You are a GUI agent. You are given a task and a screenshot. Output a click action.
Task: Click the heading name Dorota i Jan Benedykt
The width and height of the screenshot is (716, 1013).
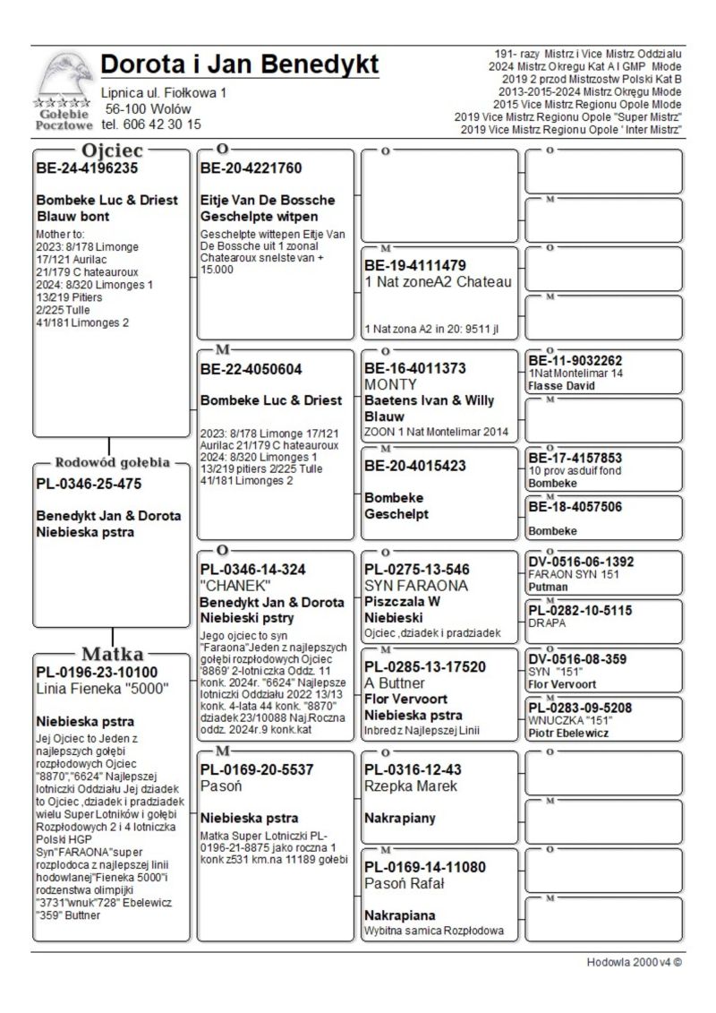[x=240, y=65]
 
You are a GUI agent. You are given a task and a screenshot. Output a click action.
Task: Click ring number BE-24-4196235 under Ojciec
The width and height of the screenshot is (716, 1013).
[x=87, y=167]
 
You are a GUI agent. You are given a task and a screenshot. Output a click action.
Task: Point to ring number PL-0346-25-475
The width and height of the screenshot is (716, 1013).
[x=89, y=485]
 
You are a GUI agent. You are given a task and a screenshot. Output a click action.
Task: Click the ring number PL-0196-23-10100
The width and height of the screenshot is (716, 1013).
[x=97, y=673]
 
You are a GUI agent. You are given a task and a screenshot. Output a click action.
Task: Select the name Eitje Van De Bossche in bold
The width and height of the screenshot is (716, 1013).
[x=268, y=200]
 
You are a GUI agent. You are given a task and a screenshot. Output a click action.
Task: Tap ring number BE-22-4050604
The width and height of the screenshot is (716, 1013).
[x=251, y=369]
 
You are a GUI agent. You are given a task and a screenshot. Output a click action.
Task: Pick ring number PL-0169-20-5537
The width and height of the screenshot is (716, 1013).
[x=257, y=768]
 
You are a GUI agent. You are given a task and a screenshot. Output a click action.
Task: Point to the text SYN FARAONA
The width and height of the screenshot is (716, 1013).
[x=415, y=586]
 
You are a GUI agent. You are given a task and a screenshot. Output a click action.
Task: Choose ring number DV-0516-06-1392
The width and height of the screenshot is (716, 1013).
[x=582, y=562]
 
